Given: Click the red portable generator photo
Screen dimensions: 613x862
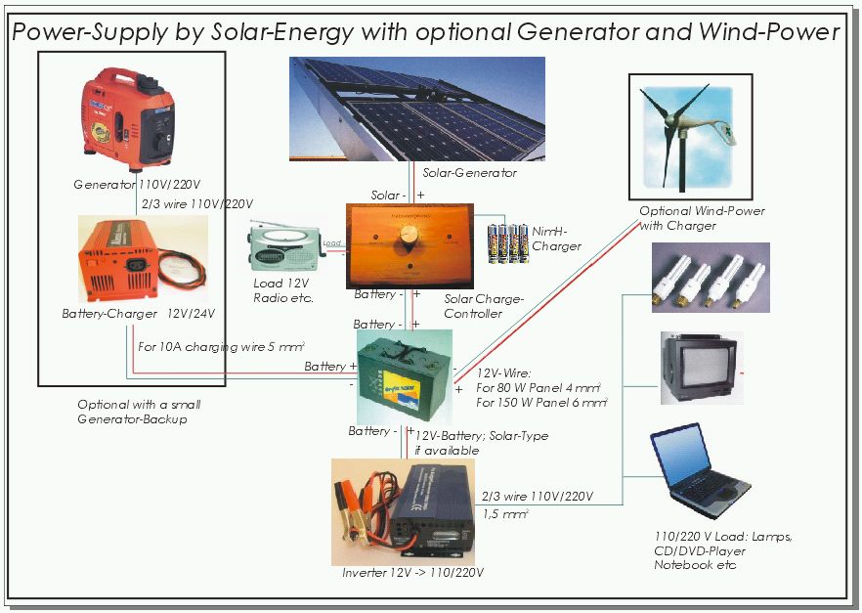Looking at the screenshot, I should click(x=127, y=118).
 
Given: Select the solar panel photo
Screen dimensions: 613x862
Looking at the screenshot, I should click(x=417, y=108).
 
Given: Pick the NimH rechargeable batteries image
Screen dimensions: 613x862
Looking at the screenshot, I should click(x=506, y=242).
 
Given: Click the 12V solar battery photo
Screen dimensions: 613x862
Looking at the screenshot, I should click(x=404, y=376).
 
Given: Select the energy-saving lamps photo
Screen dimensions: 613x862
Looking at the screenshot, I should click(x=711, y=278).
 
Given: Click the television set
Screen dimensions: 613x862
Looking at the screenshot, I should click(x=700, y=368).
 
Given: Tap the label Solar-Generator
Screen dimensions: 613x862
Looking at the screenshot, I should click(x=469, y=173).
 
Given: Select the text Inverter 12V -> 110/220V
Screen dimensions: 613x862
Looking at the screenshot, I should click(x=412, y=572).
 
